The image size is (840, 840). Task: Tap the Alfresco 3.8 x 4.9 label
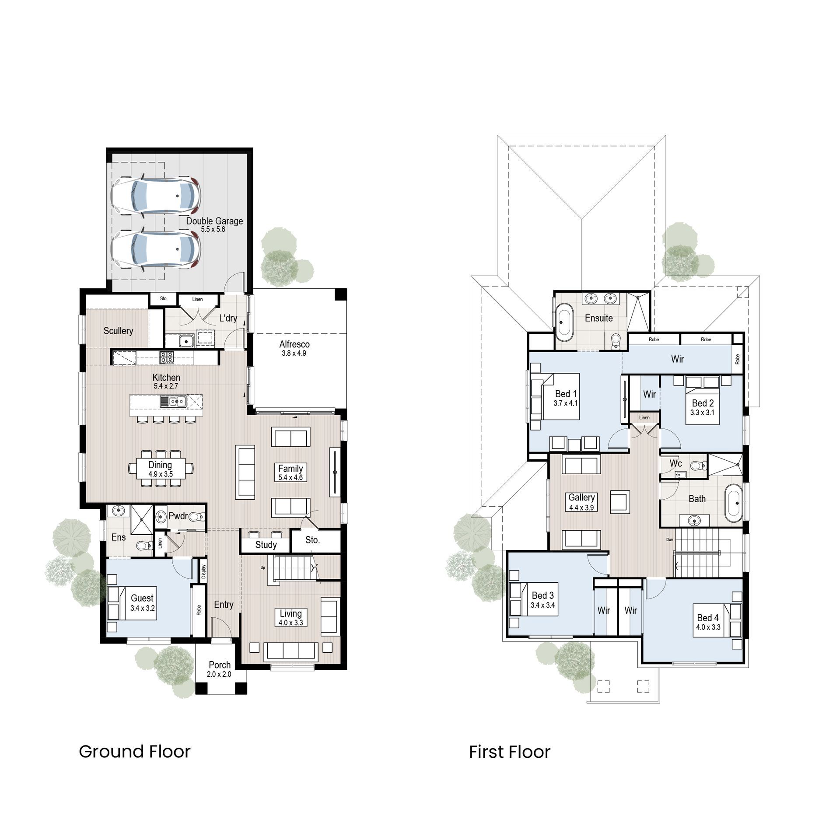[294, 348]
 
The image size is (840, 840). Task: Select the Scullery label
[118, 331]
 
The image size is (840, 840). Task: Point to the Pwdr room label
[178, 516]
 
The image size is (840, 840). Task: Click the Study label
[266, 545]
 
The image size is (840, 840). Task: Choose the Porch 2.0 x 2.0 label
[219, 669]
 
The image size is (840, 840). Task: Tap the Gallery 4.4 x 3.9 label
[581, 502]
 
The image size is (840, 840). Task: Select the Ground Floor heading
[135, 752]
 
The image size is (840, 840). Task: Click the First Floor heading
[510, 752]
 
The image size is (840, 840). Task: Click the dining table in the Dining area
[160, 469]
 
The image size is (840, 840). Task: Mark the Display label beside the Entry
[204, 570]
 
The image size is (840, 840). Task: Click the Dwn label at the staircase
[670, 539]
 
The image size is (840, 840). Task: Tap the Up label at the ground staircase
[263, 568]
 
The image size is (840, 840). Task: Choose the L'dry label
[228, 318]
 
